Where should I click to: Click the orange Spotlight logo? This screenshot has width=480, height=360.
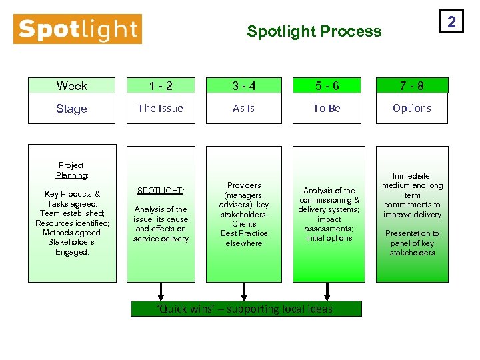pos(77,29)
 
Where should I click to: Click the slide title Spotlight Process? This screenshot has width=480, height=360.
pos(314,31)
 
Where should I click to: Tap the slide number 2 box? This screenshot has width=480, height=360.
pos(451,23)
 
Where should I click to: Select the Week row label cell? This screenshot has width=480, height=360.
pos(71,85)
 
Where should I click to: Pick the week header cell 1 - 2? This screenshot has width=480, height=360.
pos(160,85)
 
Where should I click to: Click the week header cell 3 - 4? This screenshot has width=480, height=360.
pos(243,85)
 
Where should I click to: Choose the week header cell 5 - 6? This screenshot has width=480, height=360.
pos(327,85)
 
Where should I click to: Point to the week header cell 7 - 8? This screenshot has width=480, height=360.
pos(411,85)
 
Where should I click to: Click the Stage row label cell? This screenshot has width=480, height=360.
pos(71,108)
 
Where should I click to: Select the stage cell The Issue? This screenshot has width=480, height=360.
pos(160,108)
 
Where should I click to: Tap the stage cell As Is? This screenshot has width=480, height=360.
pos(243,108)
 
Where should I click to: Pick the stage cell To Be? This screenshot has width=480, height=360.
pos(327,108)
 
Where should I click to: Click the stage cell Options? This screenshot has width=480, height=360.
pos(411,108)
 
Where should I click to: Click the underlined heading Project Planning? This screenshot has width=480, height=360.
pos(71,170)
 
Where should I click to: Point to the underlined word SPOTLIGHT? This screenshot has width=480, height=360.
pos(160,191)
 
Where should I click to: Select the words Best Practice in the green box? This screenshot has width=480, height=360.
pos(244,233)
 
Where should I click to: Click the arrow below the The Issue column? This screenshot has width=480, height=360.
pos(161,291)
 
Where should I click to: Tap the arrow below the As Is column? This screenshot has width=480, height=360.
pos(244,291)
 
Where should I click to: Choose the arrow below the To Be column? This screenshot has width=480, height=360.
pos(327,291)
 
